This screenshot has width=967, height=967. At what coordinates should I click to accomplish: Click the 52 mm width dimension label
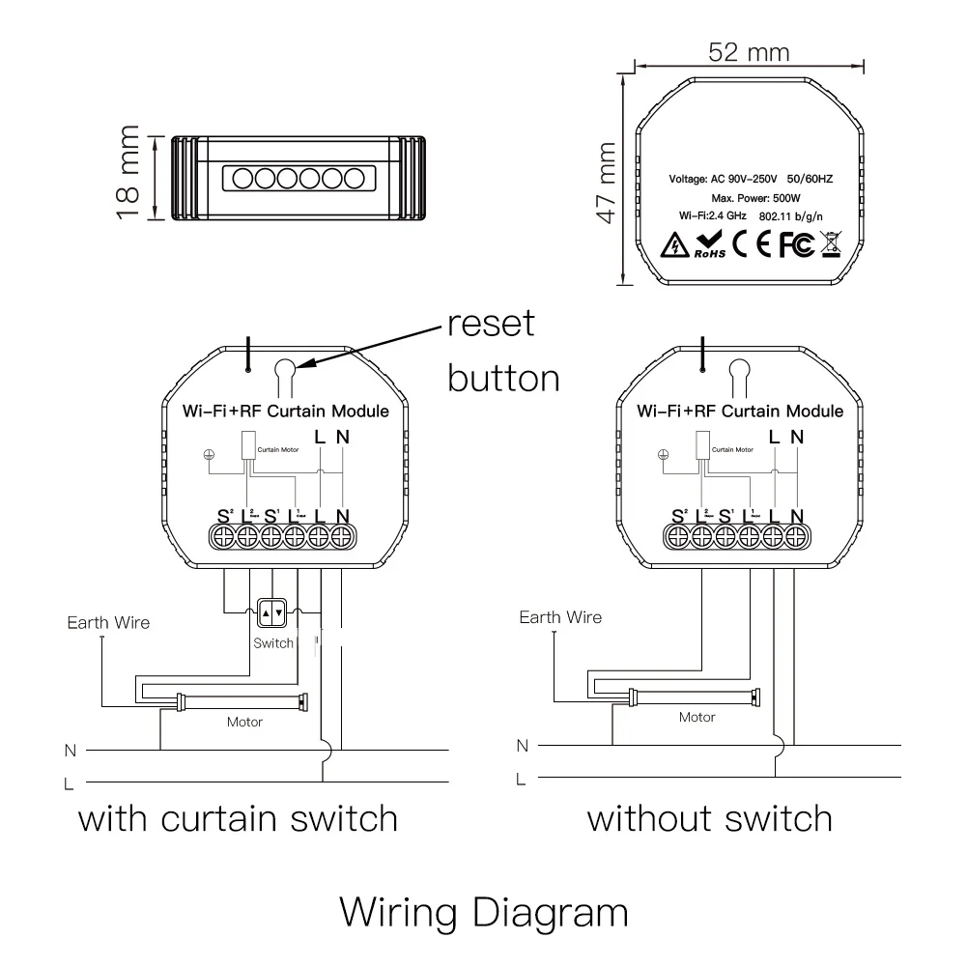[x=748, y=52]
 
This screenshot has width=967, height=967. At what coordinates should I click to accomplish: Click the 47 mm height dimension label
[x=605, y=183]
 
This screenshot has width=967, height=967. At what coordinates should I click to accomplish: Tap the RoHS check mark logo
[x=708, y=245]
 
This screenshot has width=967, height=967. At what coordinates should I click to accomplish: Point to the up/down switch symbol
[x=272, y=612]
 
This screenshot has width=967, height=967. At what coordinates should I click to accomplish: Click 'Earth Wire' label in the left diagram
[x=108, y=622]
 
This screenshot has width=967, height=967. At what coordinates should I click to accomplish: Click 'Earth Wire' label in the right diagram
[x=560, y=617]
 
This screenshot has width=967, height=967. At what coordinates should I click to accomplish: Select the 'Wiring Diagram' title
[x=483, y=911]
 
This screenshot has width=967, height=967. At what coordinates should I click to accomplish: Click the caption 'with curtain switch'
[x=238, y=819]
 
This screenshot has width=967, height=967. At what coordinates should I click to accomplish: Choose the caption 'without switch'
[x=710, y=819]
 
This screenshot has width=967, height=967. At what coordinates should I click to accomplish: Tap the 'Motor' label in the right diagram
[x=697, y=717]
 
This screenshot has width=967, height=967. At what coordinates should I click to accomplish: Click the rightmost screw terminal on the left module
[x=342, y=536]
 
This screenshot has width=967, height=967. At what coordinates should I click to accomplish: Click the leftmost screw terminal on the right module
[x=677, y=536]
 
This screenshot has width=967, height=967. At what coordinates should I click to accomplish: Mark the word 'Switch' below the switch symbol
[x=272, y=643]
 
